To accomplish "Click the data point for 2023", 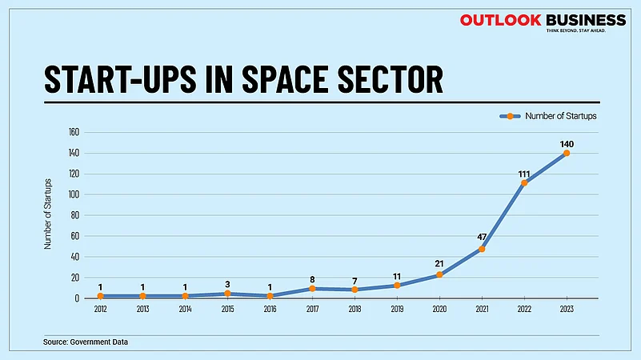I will point(566,153).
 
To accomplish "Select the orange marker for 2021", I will point(482,249).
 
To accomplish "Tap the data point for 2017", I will point(312,289).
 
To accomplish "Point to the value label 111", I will point(523,173).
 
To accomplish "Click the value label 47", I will point(481,238).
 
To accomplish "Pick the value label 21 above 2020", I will point(439,264).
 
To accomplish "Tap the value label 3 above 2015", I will point(227,284).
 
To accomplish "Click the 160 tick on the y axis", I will point(74,132).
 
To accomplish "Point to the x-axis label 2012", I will point(100,308).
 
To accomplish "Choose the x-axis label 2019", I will point(397,308).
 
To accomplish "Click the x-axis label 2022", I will point(524,308).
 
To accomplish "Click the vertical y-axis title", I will point(48,215).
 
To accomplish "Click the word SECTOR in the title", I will point(390,79).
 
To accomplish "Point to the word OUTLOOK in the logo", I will point(500,20).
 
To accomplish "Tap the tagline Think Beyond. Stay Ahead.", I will point(575,30).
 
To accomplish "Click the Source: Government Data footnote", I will point(86,342).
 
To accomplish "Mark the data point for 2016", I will point(270,296).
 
